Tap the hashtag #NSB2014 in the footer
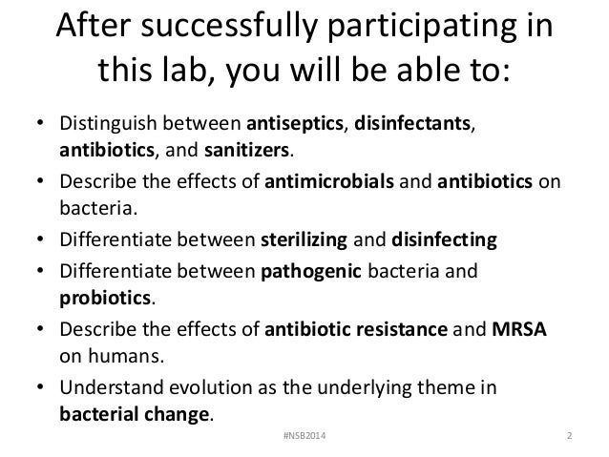pos(304,436)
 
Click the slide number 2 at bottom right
pos(569,436)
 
